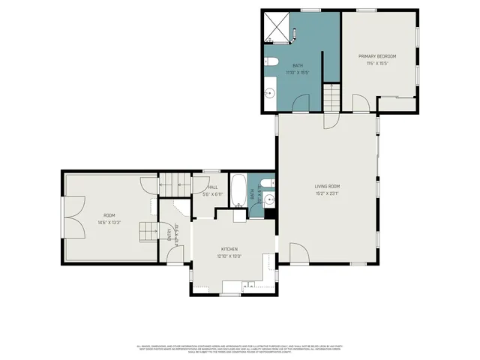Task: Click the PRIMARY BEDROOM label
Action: [x=376, y=56]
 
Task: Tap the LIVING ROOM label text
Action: [x=327, y=186]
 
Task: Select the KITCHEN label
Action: [x=229, y=248]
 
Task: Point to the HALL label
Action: [x=212, y=187]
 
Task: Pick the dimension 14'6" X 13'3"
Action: [x=109, y=222]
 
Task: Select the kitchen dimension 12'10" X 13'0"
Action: [x=229, y=256]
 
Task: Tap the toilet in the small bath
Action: [x=268, y=182]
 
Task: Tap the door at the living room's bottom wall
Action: [x=298, y=253]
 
